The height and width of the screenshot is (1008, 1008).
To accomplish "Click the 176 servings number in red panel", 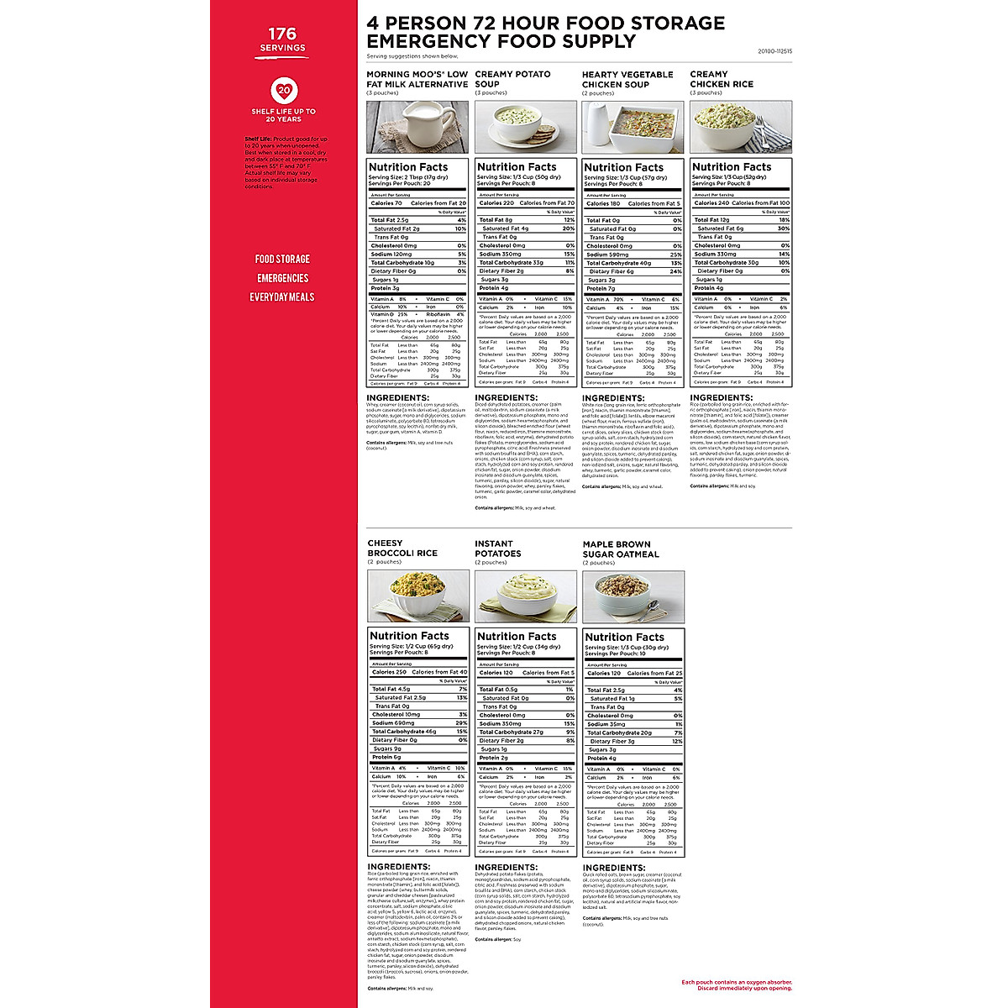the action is [282, 34].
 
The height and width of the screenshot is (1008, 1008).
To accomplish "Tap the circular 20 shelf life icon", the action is [283, 91].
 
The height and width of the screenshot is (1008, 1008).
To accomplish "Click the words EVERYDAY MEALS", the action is [282, 297].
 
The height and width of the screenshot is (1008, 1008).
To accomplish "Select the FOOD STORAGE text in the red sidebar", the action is [282, 259].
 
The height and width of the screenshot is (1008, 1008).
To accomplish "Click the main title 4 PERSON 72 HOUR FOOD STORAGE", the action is [545, 23].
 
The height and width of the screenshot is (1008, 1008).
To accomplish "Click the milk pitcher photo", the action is [417, 127].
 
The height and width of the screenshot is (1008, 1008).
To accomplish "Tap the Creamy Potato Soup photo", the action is [525, 127].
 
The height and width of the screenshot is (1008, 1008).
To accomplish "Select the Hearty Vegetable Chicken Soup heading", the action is [627, 79].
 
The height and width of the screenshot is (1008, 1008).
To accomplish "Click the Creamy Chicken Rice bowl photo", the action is [740, 127].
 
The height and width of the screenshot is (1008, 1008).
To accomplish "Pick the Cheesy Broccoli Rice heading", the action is [402, 548].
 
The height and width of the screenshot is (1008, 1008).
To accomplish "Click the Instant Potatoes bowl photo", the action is [525, 596].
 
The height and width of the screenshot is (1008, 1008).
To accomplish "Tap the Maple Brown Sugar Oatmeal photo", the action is [633, 596].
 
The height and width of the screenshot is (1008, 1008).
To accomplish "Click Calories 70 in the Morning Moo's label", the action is [386, 203].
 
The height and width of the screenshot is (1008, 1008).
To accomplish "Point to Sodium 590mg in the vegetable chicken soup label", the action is [607, 255].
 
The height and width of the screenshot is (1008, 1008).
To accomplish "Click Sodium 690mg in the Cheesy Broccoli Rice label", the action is [394, 723].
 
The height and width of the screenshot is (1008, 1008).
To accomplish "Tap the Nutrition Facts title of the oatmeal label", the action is [625, 637].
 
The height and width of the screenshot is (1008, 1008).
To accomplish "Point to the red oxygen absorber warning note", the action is [736, 984].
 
